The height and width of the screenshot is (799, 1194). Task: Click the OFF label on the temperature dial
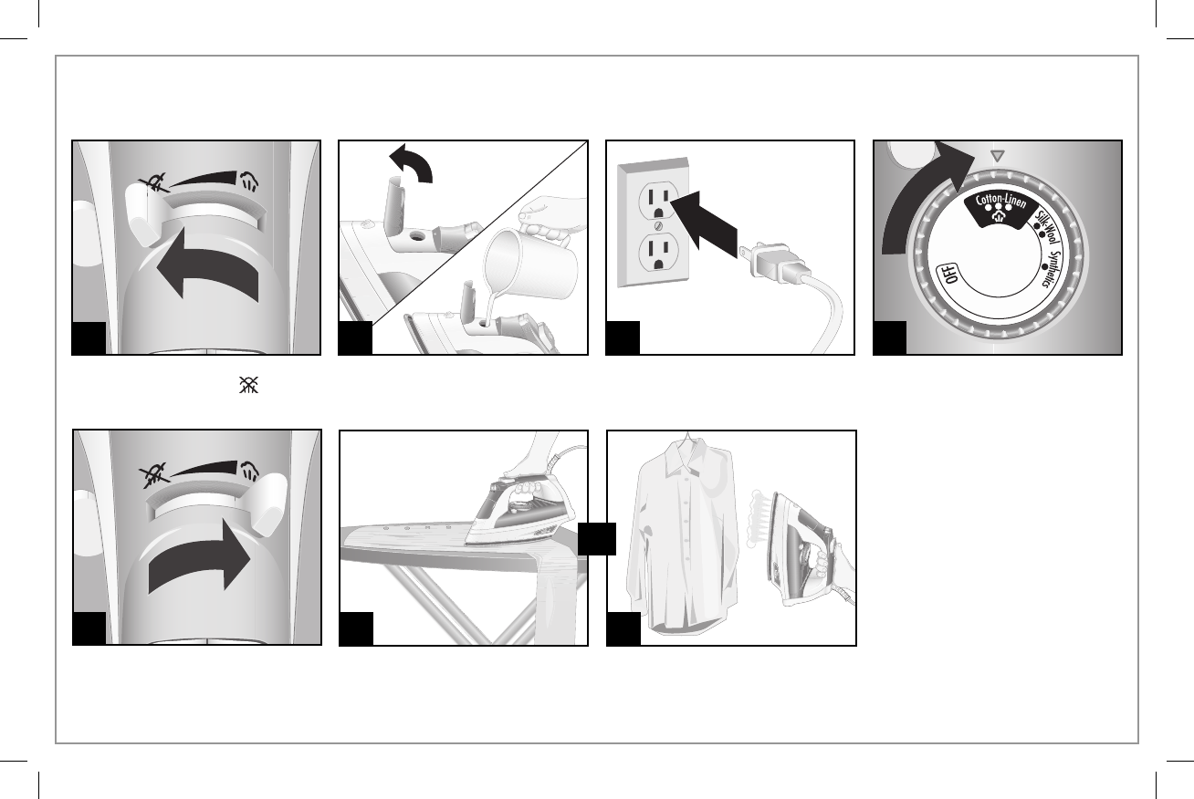[948, 274]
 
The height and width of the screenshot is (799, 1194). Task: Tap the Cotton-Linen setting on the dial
[1000, 202]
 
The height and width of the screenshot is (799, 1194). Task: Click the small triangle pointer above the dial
[998, 156]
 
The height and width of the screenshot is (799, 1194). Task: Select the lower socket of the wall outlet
[658, 254]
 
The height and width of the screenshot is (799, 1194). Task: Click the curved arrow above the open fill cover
[412, 163]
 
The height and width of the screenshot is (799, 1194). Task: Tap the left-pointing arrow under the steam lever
[208, 265]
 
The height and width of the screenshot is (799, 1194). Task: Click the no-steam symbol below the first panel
[248, 385]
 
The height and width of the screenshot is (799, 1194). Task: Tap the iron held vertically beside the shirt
[804, 549]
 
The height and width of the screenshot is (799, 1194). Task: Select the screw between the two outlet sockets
[658, 227]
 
